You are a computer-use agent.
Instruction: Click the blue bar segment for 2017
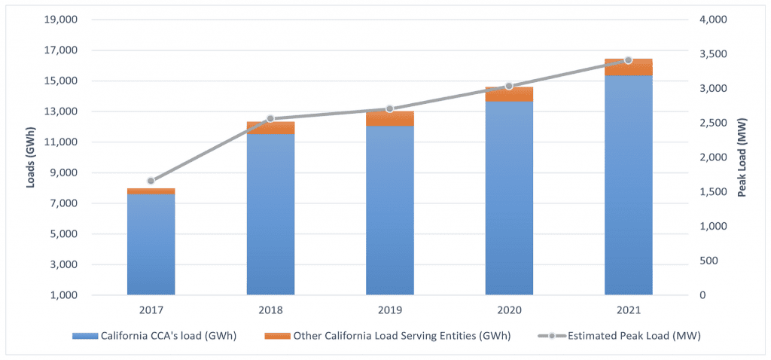click(151, 244)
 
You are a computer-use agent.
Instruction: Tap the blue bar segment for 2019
click(389, 210)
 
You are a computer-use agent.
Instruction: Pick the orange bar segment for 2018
click(270, 128)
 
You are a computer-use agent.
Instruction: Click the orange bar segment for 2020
click(509, 94)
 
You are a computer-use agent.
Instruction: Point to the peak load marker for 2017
click(151, 181)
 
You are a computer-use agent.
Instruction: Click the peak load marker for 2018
click(270, 119)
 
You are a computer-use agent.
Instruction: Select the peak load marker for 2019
click(389, 109)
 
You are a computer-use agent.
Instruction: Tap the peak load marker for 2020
click(509, 86)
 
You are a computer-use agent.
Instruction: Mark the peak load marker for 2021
click(629, 60)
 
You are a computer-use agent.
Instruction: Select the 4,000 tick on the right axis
click(712, 20)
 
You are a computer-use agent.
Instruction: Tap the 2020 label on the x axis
click(509, 310)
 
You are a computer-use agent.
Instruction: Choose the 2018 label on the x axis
click(270, 310)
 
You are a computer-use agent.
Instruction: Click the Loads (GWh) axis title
click(32, 157)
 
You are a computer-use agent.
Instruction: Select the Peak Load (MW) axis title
click(742, 157)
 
